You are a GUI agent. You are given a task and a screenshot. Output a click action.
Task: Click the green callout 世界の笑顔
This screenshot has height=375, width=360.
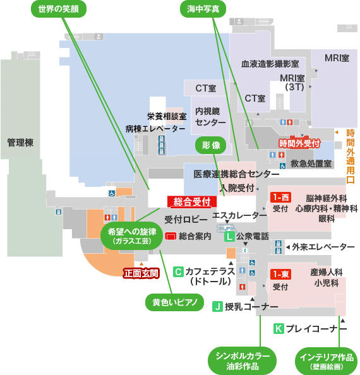tap(59, 9)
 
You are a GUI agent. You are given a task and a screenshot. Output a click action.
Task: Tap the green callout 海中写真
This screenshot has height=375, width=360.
tap(203, 9)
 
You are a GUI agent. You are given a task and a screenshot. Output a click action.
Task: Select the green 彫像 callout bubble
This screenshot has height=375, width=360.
tap(211, 145)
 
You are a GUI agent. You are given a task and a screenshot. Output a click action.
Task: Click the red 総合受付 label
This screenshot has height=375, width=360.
tap(192, 201)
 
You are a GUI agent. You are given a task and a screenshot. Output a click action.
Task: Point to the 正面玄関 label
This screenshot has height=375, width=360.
tap(141, 273)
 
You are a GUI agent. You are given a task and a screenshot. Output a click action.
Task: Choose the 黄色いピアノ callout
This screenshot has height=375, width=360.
tap(175, 302)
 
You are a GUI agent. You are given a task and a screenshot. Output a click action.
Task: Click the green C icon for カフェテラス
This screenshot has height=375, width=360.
tap(178, 272)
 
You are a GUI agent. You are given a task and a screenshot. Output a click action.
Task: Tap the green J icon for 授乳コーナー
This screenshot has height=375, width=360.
tap(217, 306)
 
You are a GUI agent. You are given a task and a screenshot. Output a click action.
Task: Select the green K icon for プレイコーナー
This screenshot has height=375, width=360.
tap(279, 329)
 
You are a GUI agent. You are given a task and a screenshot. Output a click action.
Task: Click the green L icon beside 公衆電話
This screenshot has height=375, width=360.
tap(229, 237)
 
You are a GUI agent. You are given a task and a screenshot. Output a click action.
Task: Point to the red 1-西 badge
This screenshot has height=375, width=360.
tap(280, 198)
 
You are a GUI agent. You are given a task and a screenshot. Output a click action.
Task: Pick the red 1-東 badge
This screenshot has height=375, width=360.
tap(280, 275)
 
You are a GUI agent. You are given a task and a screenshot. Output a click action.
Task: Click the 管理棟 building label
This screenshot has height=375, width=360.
tap(20, 143)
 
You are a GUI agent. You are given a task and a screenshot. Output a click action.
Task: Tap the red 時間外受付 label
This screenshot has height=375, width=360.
tap(299, 143)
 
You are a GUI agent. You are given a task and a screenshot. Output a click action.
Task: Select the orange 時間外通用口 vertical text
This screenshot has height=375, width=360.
tap(351, 157)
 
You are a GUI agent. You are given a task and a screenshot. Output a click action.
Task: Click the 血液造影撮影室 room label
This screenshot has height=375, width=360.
tap(270, 64)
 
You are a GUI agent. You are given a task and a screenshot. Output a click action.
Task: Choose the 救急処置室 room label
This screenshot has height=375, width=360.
tap(311, 164)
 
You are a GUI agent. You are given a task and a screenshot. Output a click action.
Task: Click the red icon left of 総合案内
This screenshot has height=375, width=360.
tap(171, 236)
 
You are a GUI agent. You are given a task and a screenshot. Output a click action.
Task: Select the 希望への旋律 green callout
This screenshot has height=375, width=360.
tap(132, 235)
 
